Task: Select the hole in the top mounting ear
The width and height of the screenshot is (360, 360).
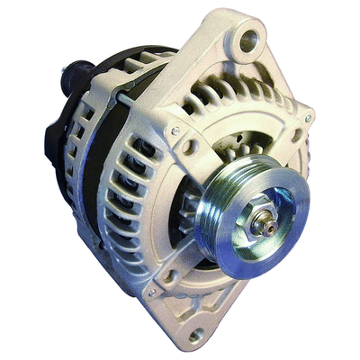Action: click(250, 39)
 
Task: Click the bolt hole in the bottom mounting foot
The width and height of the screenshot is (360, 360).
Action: click(196, 336)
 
